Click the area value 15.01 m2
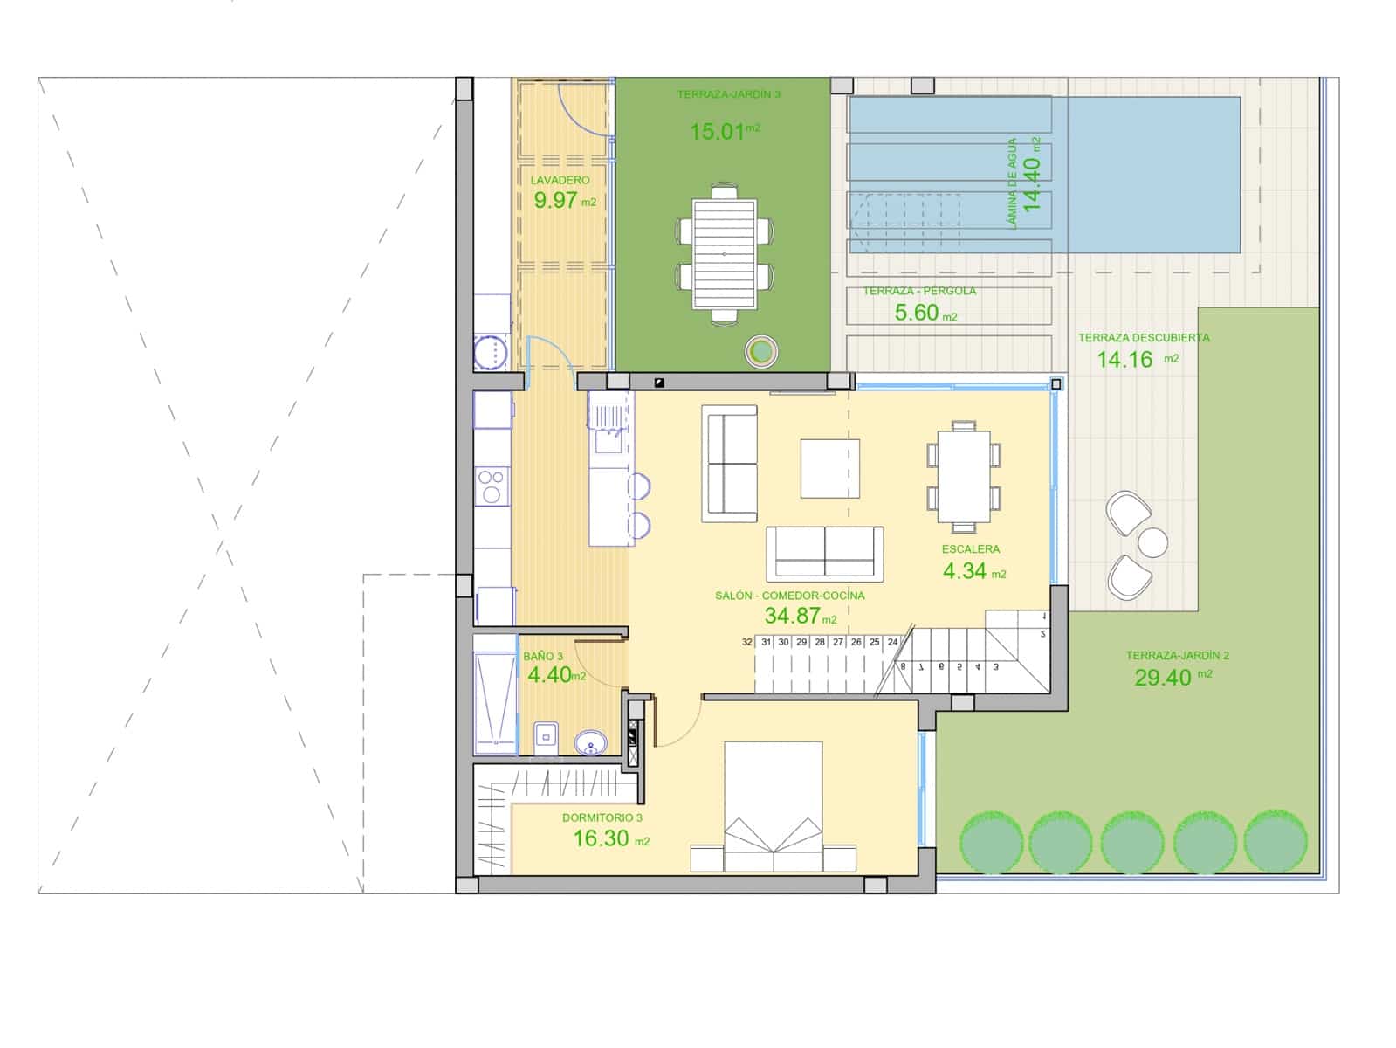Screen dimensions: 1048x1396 coord(724,132)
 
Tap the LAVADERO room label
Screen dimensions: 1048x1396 coord(560,181)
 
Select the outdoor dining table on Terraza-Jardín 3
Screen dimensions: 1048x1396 coord(724,253)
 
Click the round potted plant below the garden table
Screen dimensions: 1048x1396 coord(761,351)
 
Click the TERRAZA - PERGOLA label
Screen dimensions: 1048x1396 coord(919,291)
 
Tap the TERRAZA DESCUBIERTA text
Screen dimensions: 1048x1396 coord(1143,337)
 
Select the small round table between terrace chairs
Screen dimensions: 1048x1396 coord(1152,541)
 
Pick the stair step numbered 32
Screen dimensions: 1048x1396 coord(747,642)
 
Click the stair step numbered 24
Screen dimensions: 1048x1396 coord(892,642)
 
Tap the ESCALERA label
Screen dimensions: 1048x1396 coord(970,549)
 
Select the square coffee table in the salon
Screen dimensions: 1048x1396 coord(830,469)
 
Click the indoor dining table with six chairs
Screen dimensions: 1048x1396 coord(964,477)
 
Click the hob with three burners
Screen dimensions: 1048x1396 coord(492,486)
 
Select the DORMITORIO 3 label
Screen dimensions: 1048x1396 coord(602,818)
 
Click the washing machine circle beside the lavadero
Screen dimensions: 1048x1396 coord(491,354)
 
